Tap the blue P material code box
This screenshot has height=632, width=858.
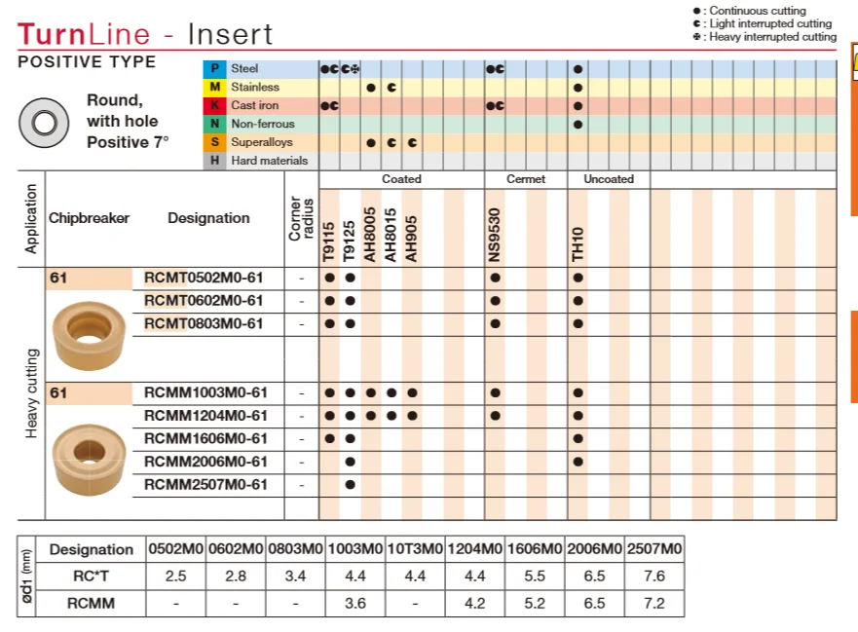[x=214, y=69]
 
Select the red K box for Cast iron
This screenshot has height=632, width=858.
[x=214, y=105]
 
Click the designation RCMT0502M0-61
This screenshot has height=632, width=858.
[x=204, y=278]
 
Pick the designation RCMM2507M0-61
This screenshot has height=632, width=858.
[x=205, y=484]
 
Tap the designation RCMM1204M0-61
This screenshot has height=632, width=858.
[x=205, y=416]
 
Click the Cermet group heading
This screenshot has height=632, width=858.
[x=526, y=179]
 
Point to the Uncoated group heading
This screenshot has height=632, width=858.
[x=609, y=179]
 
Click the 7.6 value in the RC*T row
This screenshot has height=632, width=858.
[x=653, y=576]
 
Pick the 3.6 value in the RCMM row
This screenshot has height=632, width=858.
[x=355, y=603]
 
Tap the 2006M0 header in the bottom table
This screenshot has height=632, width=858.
[x=594, y=549]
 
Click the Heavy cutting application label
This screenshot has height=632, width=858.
[x=32, y=393]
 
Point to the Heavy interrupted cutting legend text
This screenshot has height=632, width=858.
[x=772, y=37]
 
